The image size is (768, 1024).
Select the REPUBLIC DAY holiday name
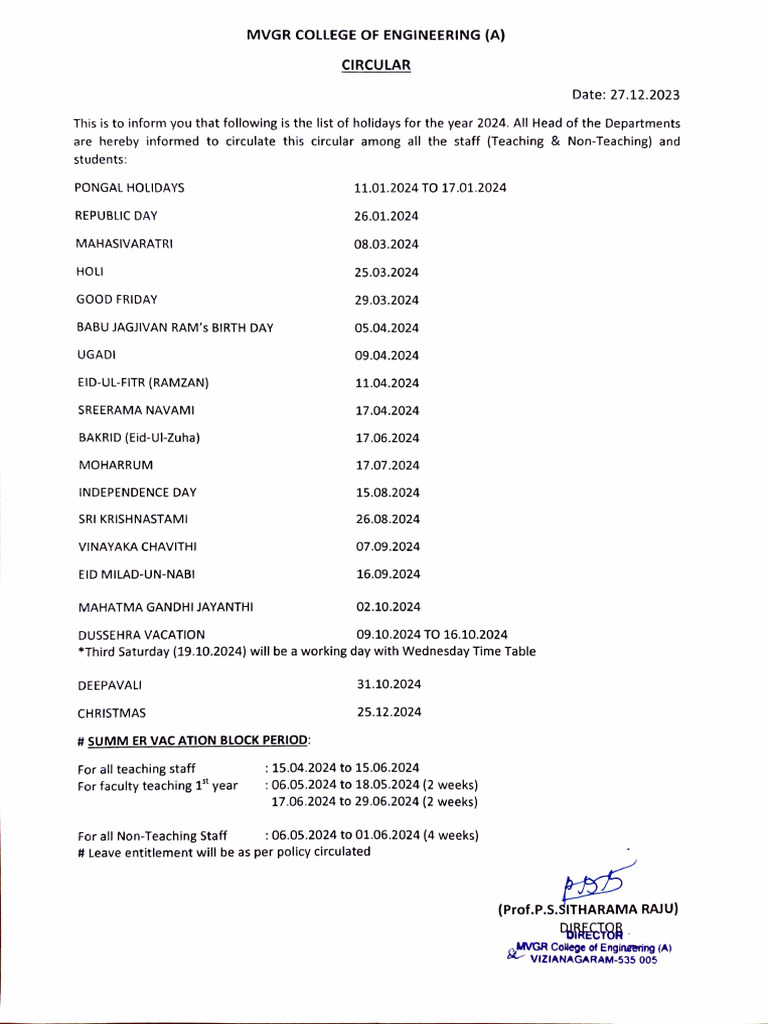click(116, 216)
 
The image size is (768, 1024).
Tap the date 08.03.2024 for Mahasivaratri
click(387, 244)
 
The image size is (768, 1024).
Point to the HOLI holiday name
click(91, 272)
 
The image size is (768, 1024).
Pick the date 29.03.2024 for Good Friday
click(387, 299)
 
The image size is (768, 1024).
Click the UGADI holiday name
click(94, 355)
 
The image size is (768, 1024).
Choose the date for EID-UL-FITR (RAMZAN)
click(387, 382)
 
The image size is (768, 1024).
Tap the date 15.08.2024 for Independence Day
click(387, 492)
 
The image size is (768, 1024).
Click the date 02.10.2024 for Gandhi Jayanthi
click(389, 606)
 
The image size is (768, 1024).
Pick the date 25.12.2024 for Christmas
click(389, 712)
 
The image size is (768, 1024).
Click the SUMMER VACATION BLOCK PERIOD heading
click(199, 740)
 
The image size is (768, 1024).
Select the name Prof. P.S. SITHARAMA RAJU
click(588, 909)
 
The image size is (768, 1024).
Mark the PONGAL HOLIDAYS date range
click(431, 188)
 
